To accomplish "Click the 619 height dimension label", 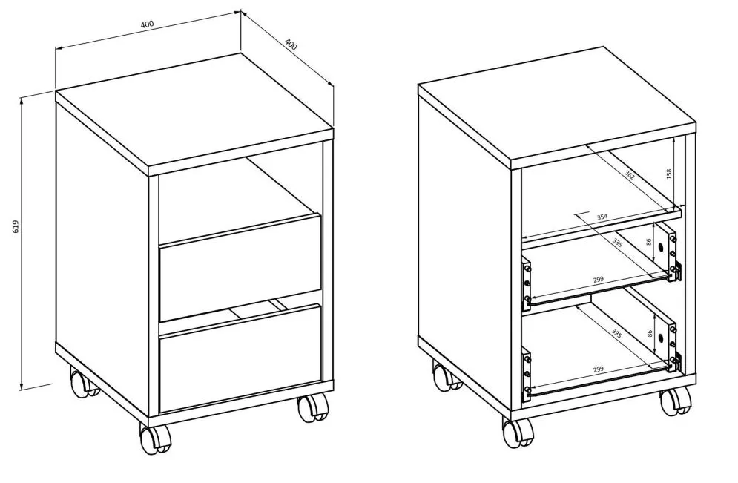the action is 16,227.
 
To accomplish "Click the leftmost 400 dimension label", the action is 148,24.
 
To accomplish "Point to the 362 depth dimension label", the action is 630,176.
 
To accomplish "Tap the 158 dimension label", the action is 669,174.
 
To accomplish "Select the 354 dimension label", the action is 602,217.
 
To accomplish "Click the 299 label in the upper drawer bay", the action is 599,280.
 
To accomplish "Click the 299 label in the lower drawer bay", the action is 599,369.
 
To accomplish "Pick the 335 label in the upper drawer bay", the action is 618,243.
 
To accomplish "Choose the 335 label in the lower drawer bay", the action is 616,333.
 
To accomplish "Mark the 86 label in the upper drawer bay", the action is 649,242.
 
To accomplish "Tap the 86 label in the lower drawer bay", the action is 650,333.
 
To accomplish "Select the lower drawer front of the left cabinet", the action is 240,358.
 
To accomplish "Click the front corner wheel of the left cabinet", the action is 156,438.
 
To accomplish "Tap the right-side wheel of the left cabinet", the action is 313,407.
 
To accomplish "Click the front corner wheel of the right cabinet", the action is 518,432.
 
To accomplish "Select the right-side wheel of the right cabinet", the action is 676,401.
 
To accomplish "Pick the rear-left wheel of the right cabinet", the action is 447,376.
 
